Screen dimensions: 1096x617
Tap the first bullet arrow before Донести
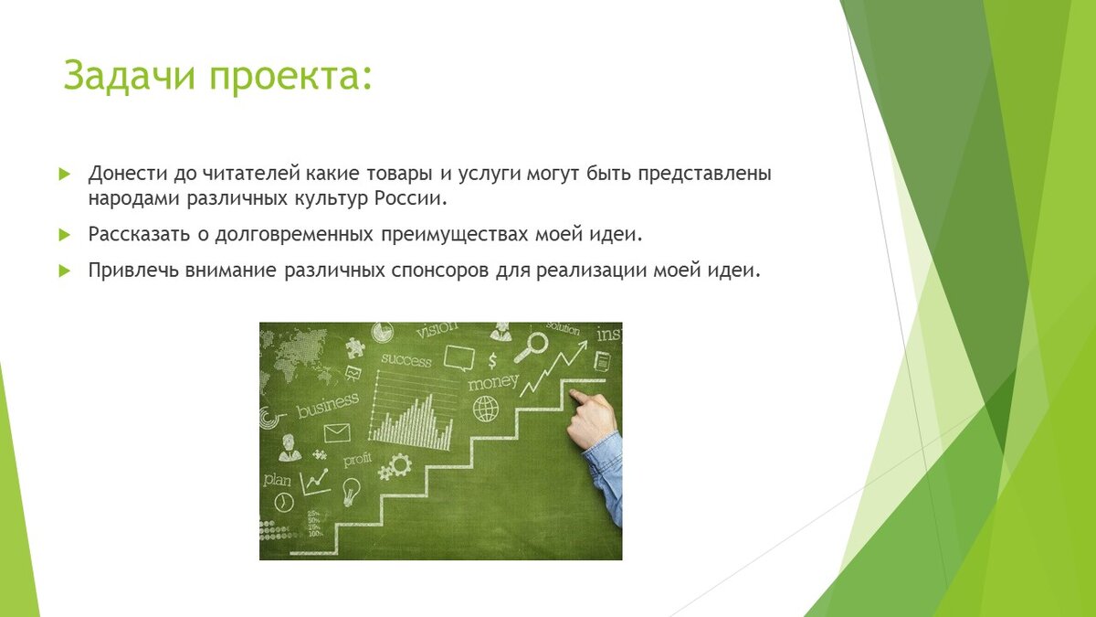[x=64, y=174]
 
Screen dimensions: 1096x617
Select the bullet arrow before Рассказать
[x=64, y=235]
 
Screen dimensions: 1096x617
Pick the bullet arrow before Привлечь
[x=64, y=271]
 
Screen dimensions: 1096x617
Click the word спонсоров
[x=440, y=271]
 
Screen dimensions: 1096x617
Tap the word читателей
[x=251, y=174]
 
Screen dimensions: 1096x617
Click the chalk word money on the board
[x=492, y=382]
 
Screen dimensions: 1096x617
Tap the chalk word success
[x=406, y=360]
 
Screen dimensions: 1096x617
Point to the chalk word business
[x=328, y=405]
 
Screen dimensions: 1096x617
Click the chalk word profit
[x=357, y=461]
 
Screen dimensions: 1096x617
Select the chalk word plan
[x=277, y=479]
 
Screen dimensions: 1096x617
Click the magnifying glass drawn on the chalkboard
[x=531, y=346]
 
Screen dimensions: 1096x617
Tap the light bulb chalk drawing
[x=351, y=491]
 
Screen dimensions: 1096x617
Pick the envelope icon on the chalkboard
[x=337, y=433]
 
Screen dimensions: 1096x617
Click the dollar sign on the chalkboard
[x=492, y=361]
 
